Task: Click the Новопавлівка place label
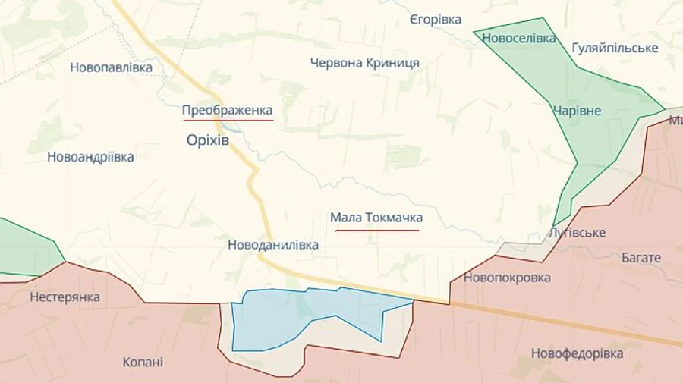coord(111,67)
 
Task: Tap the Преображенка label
coord(227,111)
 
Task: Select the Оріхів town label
coord(207,140)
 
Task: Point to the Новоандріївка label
coord(90,157)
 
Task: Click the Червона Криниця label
coord(364,63)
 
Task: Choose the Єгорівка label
coord(435,20)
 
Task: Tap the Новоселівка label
coord(519,38)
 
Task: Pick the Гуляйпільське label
coord(615,48)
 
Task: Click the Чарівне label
coord(577,111)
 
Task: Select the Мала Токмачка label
coord(376,218)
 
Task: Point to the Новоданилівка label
coord(273,245)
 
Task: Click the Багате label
coord(641,258)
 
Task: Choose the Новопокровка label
coord(507,278)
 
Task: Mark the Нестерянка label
coord(65,297)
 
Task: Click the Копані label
coord(143,362)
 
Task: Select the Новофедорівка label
coord(578,353)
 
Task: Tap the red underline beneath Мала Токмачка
coord(376,231)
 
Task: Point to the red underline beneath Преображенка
coord(227,121)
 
